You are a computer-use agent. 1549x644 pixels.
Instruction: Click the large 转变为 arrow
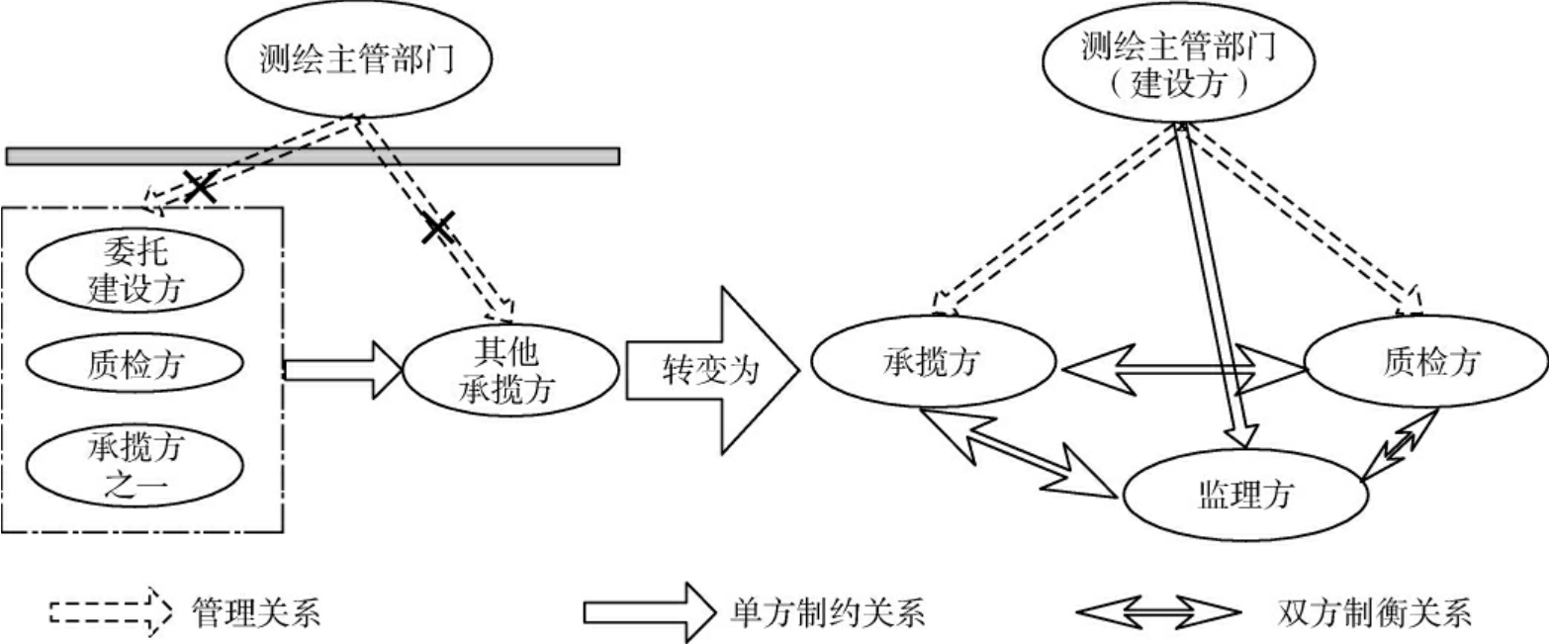click(x=710, y=370)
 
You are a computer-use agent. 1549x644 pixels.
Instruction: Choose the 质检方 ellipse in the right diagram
click(x=1425, y=363)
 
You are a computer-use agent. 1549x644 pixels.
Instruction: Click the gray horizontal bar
click(x=313, y=155)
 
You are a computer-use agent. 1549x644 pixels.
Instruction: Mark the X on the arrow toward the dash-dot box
click(x=201, y=187)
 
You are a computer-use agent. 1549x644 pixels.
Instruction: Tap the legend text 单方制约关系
click(x=826, y=614)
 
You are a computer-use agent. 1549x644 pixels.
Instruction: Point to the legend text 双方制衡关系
click(x=1373, y=614)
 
